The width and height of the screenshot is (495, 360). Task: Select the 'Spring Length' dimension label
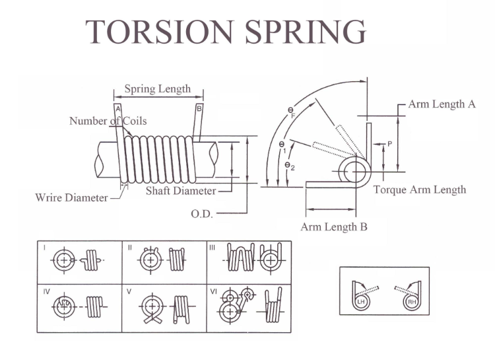[157, 89]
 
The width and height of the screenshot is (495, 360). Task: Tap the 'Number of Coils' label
[108, 121]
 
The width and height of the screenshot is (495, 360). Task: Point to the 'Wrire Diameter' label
[72, 198]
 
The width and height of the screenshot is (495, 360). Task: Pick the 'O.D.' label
[201, 214]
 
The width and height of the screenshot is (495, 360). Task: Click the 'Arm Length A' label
[442, 104]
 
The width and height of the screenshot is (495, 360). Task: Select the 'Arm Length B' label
[334, 227]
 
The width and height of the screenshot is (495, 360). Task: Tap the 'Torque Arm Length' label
[420, 190]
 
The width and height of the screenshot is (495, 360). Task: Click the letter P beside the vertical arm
[390, 143]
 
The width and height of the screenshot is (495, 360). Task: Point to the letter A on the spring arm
[117, 108]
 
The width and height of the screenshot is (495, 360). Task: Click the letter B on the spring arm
[199, 108]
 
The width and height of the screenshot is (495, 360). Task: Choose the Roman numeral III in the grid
[212, 248]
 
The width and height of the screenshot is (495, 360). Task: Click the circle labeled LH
[360, 301]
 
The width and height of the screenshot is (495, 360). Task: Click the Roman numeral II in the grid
[130, 248]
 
